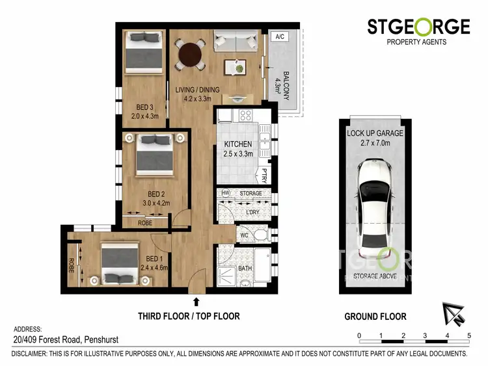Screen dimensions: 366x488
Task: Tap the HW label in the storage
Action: (x=226, y=193)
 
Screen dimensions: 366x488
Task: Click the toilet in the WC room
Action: (x=261, y=233)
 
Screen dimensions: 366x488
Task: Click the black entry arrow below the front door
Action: (x=197, y=301)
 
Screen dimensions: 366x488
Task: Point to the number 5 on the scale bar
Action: (x=468, y=335)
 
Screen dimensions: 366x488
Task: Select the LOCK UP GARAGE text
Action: (x=375, y=133)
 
